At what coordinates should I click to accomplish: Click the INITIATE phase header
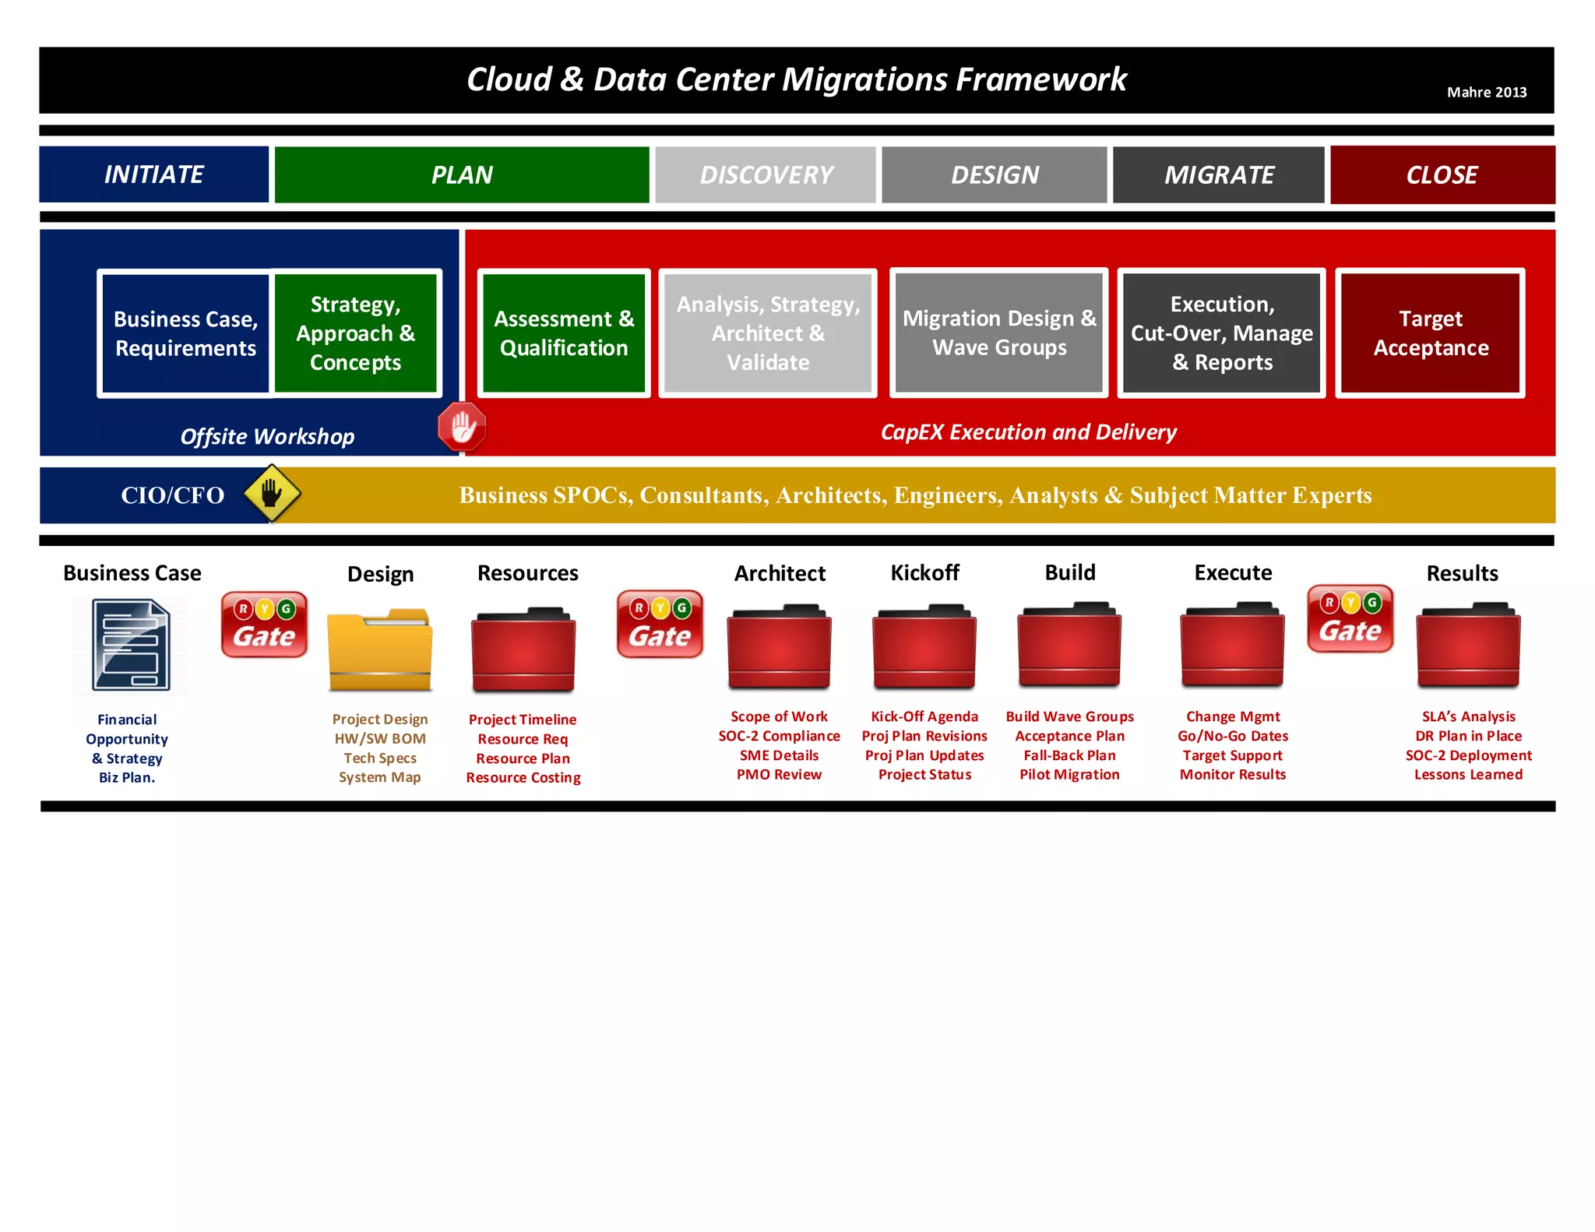154,174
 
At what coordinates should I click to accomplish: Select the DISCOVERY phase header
766,175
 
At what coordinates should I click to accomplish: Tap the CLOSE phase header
1442,175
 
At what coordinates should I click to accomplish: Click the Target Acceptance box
1430,333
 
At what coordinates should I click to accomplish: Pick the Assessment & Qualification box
564,333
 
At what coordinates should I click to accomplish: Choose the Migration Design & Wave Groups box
998,333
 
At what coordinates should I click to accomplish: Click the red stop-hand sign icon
462,427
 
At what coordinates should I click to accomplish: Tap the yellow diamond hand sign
272,493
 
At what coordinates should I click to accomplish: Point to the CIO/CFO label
172,495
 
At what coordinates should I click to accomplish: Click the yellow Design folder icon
380,650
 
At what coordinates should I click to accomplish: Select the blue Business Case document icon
131,645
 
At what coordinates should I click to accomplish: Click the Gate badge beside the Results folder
1350,619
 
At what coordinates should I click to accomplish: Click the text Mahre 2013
1486,92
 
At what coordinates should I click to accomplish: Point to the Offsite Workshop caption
267,437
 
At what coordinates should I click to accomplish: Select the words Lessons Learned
1468,774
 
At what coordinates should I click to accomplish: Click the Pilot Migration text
1069,774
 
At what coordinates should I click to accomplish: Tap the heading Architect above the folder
780,574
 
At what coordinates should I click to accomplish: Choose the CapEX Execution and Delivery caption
1028,432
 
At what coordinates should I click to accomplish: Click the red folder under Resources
523,651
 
